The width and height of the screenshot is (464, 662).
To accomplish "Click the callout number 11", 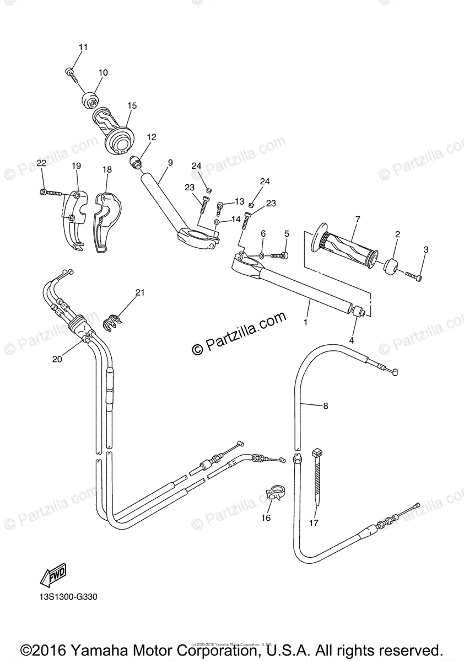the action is [x=83, y=47].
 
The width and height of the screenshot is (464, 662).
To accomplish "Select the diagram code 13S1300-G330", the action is [x=69, y=597].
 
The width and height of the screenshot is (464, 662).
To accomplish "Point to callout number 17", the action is [x=314, y=523].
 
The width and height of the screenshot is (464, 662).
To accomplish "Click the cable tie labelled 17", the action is [x=318, y=474].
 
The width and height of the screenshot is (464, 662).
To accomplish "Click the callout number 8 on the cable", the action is [x=325, y=407].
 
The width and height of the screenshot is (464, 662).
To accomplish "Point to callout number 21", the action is [x=140, y=292].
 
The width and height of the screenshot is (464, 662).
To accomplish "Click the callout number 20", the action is [x=57, y=359].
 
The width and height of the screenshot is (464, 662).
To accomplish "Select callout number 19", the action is [x=76, y=165].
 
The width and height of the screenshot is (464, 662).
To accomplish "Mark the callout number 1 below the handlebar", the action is [x=306, y=321].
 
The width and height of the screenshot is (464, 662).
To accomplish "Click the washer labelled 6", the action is [x=263, y=255].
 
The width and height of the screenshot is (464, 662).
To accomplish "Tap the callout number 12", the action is [x=151, y=137].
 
